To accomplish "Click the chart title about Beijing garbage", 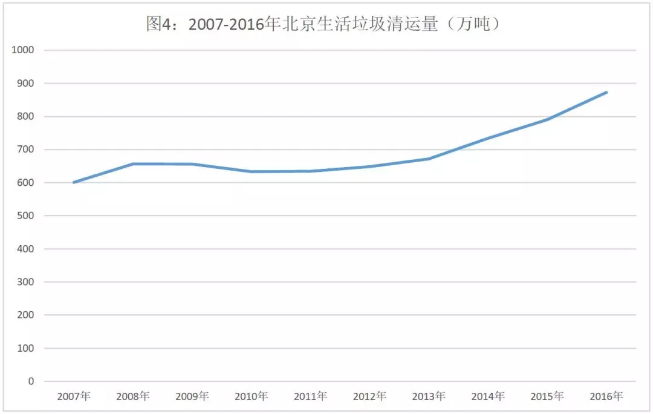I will pos(326,25).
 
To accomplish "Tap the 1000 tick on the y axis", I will pos(22,50).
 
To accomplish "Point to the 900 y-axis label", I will pos(25,84).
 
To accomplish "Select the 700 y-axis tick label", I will pos(25,149).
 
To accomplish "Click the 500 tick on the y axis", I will pos(25,216).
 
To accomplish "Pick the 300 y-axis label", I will pos(25,282).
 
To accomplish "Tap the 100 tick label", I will pos(25,349).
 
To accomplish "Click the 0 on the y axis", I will pos(31,382).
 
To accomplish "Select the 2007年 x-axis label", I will pos(74,397).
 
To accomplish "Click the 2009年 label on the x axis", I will pos(192,397).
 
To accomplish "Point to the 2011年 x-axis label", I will pos(311,397).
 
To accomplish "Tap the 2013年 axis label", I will pos(429,397).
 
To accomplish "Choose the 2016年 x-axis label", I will pos(606,397).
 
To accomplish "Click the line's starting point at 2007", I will pos(74,182).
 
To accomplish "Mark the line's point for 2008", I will pos(133,164).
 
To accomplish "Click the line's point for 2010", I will pos(252,171).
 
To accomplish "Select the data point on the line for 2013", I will pos(429,159).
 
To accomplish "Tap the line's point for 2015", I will pos(547,119).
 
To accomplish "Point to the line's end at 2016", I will pos(606,93).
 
